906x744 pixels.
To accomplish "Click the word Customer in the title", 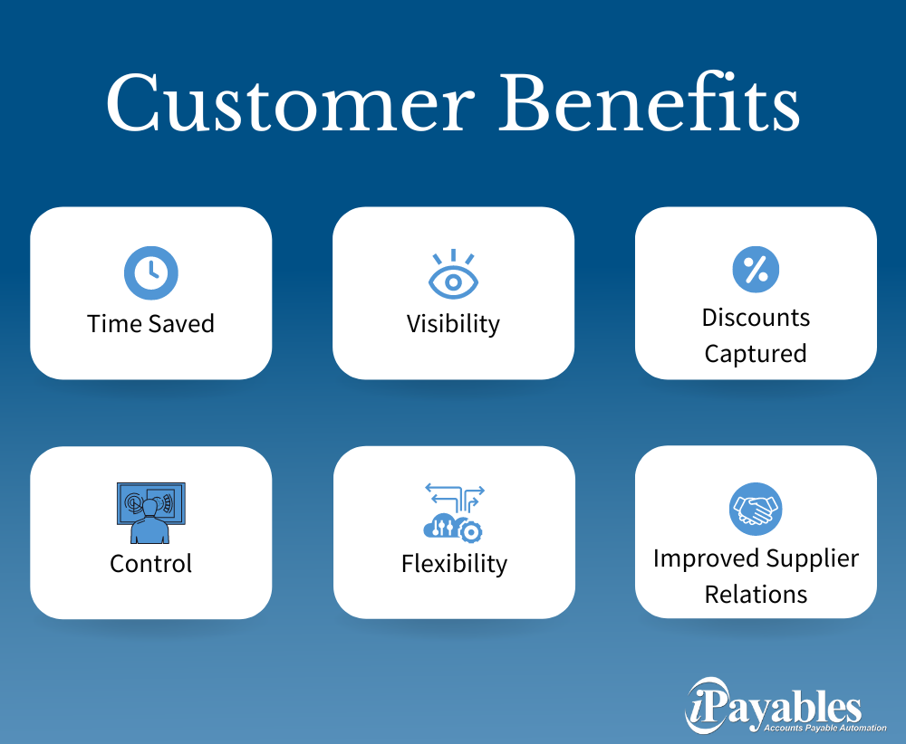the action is pos(290,103).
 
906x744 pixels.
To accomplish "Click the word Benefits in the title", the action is pos(649,101).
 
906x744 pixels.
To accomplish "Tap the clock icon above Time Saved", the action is pos(150,273).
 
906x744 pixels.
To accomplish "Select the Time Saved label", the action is pos(150,324).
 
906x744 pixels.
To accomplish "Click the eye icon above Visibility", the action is pos(454,274).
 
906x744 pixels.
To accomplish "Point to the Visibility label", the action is pos(454,324).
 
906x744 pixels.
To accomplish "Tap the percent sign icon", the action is pos(756,270).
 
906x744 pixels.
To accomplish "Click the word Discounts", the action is pos(756,318).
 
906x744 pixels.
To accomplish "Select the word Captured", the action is pos(756,354).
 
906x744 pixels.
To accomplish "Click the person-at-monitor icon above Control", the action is pos(150,513).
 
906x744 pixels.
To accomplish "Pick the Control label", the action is pos(150,563).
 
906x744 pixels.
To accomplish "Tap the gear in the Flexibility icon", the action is pos(470,531).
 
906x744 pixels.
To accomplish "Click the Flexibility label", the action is pos(454,564).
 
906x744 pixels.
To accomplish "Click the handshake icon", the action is pos(756,509).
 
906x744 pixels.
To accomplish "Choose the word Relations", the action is pos(756,595).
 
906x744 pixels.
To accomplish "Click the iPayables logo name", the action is pos(775,705).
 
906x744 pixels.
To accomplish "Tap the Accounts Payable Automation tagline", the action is pos(825,728).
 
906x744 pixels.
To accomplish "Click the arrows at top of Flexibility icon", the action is pos(455,497).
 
